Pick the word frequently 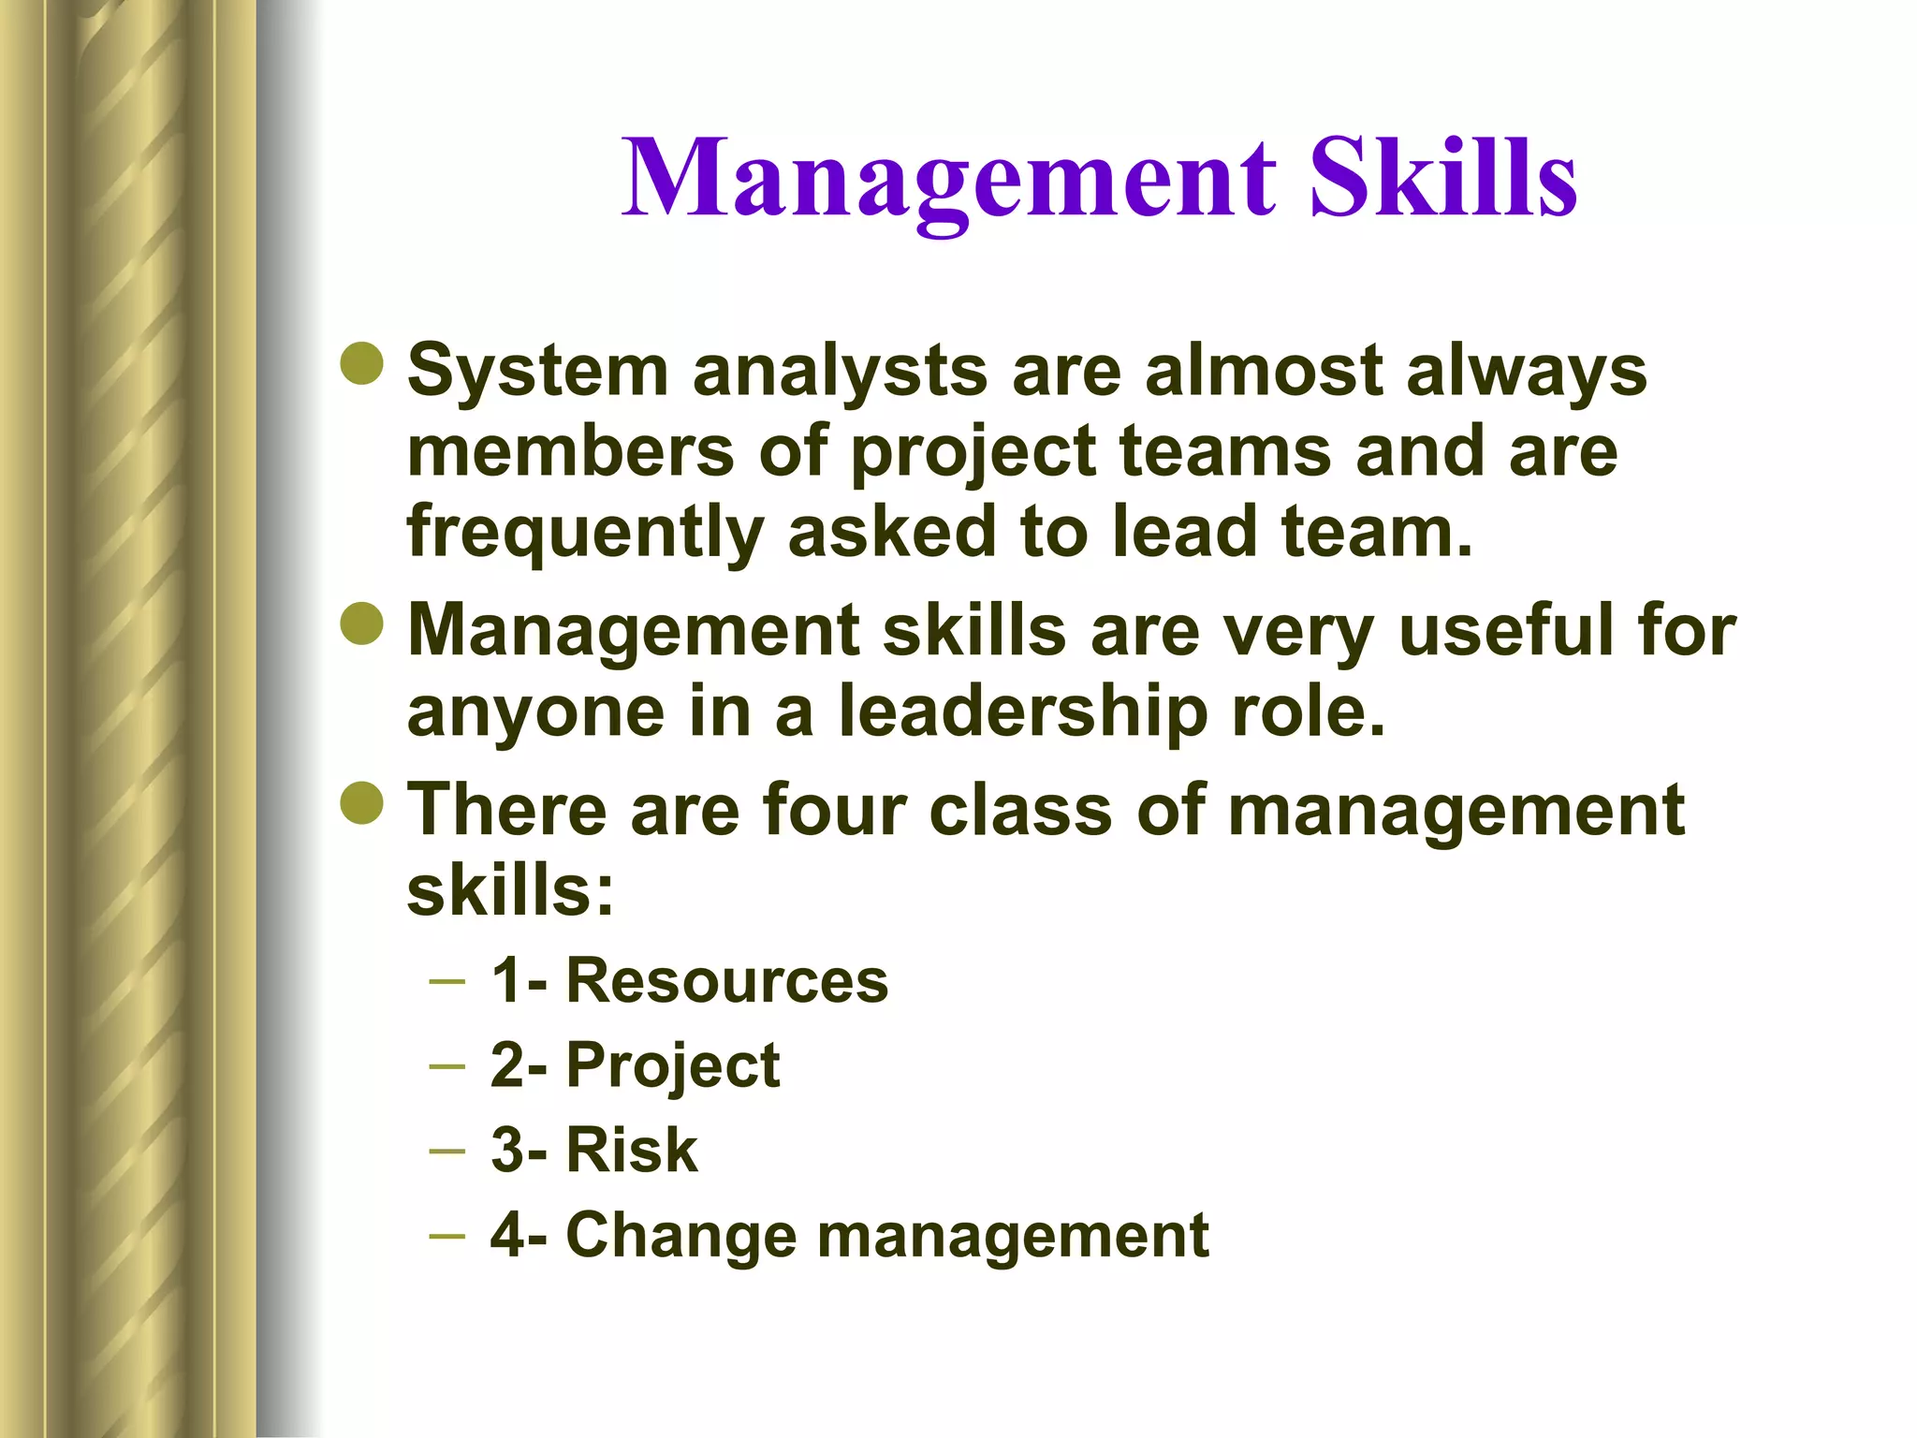(585, 532)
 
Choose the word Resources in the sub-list (726, 981)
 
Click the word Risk (632, 1150)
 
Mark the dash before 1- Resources (446, 981)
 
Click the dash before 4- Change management (446, 1235)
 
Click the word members (571, 451)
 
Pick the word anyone (535, 712)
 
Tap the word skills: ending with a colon (510, 890)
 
